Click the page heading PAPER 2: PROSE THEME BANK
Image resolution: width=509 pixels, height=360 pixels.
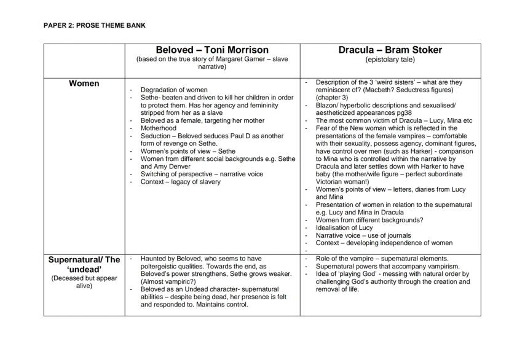pos(95,25)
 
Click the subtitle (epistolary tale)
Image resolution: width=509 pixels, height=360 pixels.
pos(390,60)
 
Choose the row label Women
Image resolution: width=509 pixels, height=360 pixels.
pos(84,84)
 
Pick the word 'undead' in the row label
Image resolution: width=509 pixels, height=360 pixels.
pos(84,269)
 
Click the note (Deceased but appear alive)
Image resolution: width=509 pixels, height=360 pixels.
pos(84,281)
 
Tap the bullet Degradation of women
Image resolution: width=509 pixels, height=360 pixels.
pos(174,90)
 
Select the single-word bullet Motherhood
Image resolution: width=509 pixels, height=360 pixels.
pos(159,128)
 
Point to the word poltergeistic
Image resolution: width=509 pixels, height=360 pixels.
pos(166,267)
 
